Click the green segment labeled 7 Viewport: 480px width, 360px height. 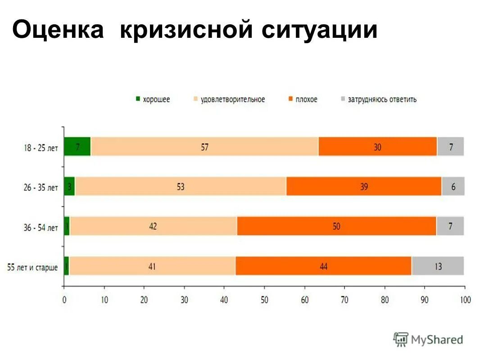point(77,147)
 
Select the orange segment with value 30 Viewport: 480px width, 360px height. point(377,147)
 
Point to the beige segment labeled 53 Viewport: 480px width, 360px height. point(181,186)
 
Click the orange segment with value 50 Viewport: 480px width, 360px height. point(336,226)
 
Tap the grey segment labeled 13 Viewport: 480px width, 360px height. point(438,266)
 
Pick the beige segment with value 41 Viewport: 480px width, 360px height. point(152,266)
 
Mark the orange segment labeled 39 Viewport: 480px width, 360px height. point(364,186)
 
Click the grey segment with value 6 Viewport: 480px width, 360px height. point(453,186)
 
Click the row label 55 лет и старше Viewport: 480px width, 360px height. point(32,268)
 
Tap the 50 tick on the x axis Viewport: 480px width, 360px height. point(264,300)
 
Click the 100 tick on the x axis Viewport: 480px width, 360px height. point(465,300)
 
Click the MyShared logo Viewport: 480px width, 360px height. point(428,340)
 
